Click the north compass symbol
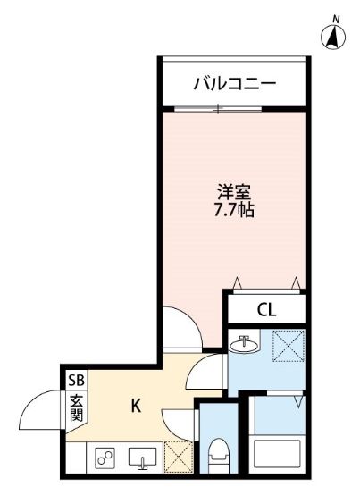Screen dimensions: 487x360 pos(334,35)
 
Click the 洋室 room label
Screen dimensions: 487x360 pos(235,193)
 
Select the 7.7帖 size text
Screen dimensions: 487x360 pos(235,214)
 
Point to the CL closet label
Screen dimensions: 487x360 pos(266,310)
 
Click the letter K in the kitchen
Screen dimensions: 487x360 pos(137,406)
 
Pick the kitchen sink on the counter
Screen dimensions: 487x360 pos(141,459)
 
